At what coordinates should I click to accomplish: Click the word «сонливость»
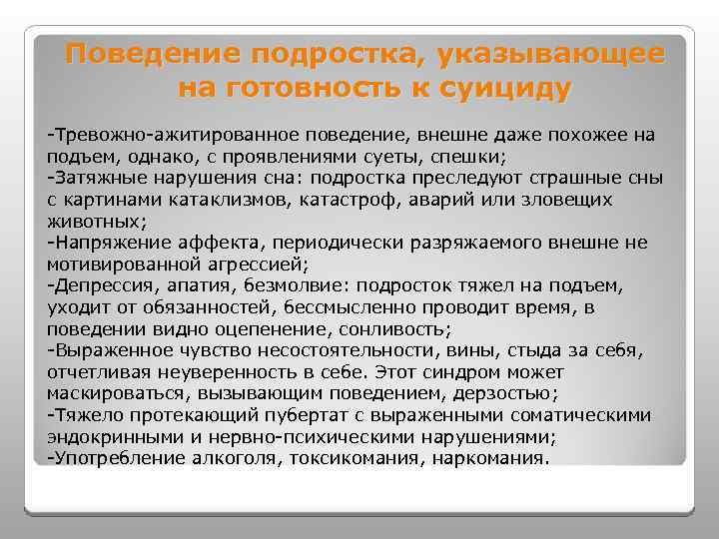pyautogui.click(x=402, y=329)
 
